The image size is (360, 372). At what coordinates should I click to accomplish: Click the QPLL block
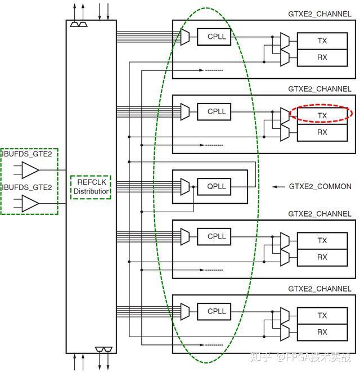tap(217, 186)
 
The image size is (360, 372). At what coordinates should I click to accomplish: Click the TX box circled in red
tap(322, 115)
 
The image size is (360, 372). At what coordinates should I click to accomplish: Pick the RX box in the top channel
tap(322, 57)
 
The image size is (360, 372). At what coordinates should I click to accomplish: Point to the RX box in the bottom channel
tap(322, 332)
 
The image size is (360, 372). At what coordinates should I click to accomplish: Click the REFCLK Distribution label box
tap(91, 187)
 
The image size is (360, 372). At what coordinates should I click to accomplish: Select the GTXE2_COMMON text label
tap(319, 186)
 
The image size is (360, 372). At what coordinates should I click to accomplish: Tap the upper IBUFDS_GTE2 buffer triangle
tap(30, 169)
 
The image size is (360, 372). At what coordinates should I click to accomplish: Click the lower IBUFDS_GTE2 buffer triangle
tap(30, 203)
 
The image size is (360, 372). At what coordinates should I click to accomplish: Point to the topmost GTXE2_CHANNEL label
tap(319, 14)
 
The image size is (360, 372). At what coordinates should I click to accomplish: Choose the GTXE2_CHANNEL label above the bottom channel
tap(319, 289)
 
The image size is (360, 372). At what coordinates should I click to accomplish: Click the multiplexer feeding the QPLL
tap(185, 186)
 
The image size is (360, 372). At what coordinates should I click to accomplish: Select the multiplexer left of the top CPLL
tap(185, 37)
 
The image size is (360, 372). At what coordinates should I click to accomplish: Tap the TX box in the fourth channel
tap(322, 240)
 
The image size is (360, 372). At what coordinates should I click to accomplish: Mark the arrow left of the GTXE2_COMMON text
tap(278, 186)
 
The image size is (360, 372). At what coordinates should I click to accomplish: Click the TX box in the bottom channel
tap(322, 315)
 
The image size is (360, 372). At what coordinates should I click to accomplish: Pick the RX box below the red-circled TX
tap(322, 132)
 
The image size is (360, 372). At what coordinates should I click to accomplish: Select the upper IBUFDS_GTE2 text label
tap(29, 154)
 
